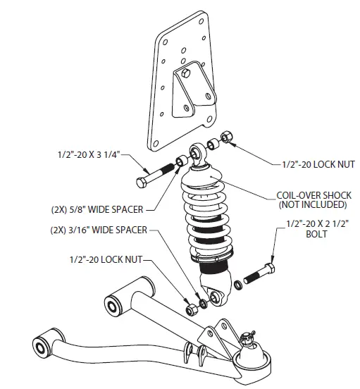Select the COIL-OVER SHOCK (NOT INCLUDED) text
(313, 199)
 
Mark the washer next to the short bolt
(237, 283)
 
